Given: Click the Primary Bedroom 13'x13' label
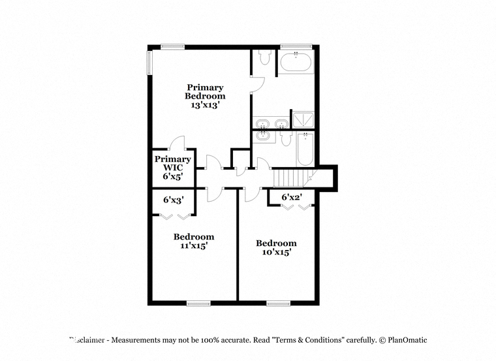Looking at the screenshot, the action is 205,96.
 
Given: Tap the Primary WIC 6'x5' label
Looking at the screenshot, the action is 173,168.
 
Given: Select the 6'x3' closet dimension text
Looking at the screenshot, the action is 174,200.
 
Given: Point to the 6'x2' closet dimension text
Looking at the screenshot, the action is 292,197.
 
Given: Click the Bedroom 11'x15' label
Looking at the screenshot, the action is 194,241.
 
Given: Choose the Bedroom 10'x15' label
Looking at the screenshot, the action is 276,247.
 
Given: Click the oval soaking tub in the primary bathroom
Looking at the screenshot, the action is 296,62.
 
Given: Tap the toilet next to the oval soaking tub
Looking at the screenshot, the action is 264,57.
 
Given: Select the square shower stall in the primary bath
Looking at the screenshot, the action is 303,120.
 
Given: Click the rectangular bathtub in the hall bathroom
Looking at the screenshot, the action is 305,149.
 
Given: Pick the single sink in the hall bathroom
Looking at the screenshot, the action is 262,136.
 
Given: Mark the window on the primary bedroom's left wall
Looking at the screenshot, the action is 149,63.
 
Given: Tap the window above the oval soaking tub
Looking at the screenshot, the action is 296,46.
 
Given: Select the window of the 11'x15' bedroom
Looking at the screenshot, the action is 198,304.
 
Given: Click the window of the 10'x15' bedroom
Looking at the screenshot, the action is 279,304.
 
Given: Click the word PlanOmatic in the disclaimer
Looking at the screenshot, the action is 407,340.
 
